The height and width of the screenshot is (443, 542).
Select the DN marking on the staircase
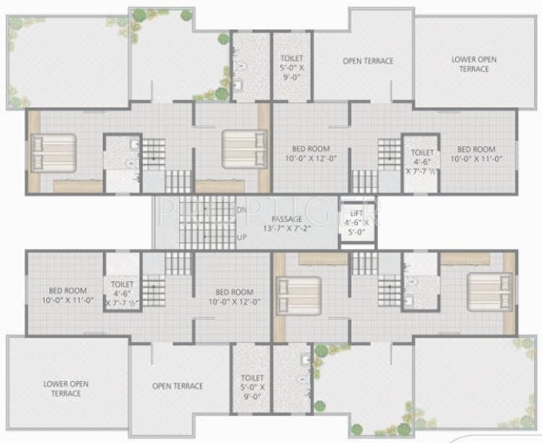coord(242,209)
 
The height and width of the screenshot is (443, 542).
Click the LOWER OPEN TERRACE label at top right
coord(471,63)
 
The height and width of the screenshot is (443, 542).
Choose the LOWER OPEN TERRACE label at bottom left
coord(65,388)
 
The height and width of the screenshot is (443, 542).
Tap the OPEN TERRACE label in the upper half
coord(368,61)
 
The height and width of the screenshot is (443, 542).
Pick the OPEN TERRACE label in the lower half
coord(178,386)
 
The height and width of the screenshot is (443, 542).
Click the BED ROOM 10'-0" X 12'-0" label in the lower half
coord(233,297)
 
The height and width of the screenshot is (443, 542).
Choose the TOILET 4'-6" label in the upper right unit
coord(421,162)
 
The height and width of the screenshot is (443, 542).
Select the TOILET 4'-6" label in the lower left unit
coord(121,294)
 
